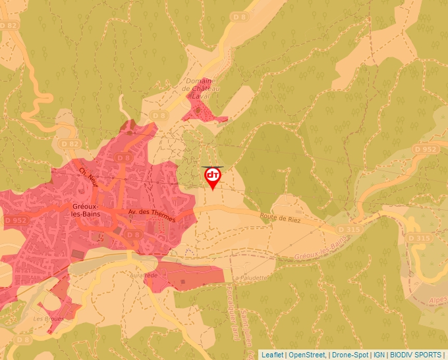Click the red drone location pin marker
pos(213,177)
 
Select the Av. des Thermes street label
pos(152,215)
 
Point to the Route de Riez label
pos(280,219)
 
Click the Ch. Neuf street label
pos(88,177)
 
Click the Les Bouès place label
pos(49,319)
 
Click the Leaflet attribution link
pos(272,355)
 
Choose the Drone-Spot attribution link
pos(349,355)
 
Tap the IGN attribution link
pos(379,355)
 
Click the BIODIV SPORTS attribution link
pos(416,355)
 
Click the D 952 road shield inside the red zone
pos(15,220)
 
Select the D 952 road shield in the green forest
pos(426,149)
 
